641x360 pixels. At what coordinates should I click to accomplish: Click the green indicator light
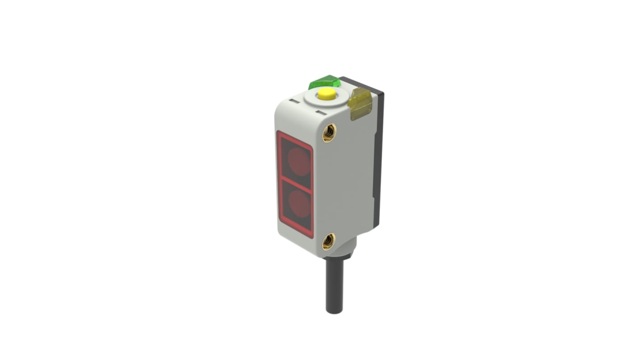point(325,82)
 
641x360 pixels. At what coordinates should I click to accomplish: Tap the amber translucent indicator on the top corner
point(361,103)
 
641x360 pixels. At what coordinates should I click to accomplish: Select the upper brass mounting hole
point(329,132)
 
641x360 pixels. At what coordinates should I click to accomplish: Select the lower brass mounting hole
point(328,242)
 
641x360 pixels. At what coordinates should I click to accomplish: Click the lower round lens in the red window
point(299,203)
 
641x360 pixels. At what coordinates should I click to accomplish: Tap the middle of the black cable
point(334,284)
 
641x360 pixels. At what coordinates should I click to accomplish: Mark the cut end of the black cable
point(334,311)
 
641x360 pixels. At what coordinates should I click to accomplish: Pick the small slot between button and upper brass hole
point(321,112)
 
